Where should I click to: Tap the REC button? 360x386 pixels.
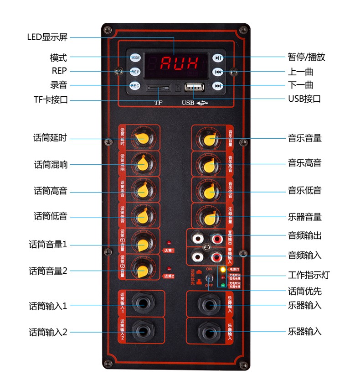point(135,85)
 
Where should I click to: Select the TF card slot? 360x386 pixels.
point(158,87)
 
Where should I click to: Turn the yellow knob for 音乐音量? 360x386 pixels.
point(209,139)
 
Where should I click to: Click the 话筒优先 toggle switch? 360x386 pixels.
point(209,279)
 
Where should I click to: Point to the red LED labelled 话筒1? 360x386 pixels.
point(169,243)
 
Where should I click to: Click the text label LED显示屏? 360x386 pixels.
point(47,37)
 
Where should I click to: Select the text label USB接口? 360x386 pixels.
point(304,99)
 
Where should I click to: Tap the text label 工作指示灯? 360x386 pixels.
point(309,275)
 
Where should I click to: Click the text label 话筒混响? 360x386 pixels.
point(51,164)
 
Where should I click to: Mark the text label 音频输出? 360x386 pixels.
point(304,235)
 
